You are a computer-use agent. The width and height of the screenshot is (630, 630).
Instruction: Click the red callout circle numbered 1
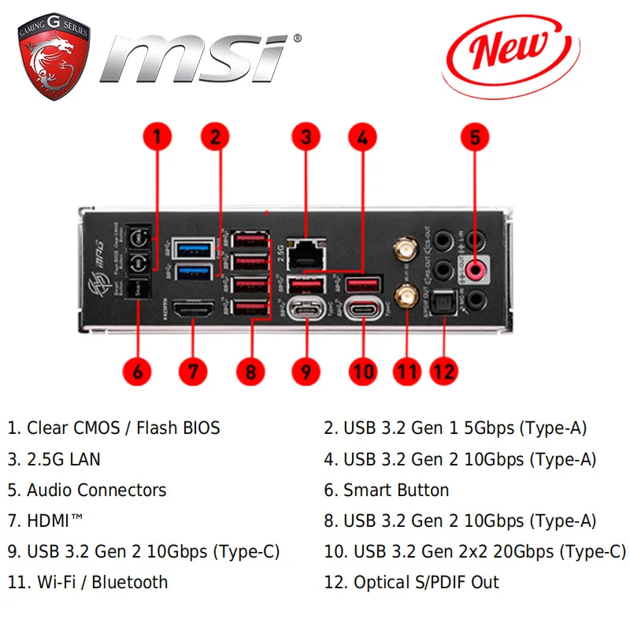coord(157,137)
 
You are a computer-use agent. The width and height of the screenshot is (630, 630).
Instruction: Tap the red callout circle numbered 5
coord(474,137)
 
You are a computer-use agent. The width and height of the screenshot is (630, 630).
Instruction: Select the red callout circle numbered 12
coord(444,370)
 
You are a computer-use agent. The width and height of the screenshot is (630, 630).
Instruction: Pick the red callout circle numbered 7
coord(192,370)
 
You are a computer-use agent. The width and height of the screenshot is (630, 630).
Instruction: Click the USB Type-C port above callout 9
coord(304,306)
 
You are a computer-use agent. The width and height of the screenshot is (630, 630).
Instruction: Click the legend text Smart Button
coord(396,491)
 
